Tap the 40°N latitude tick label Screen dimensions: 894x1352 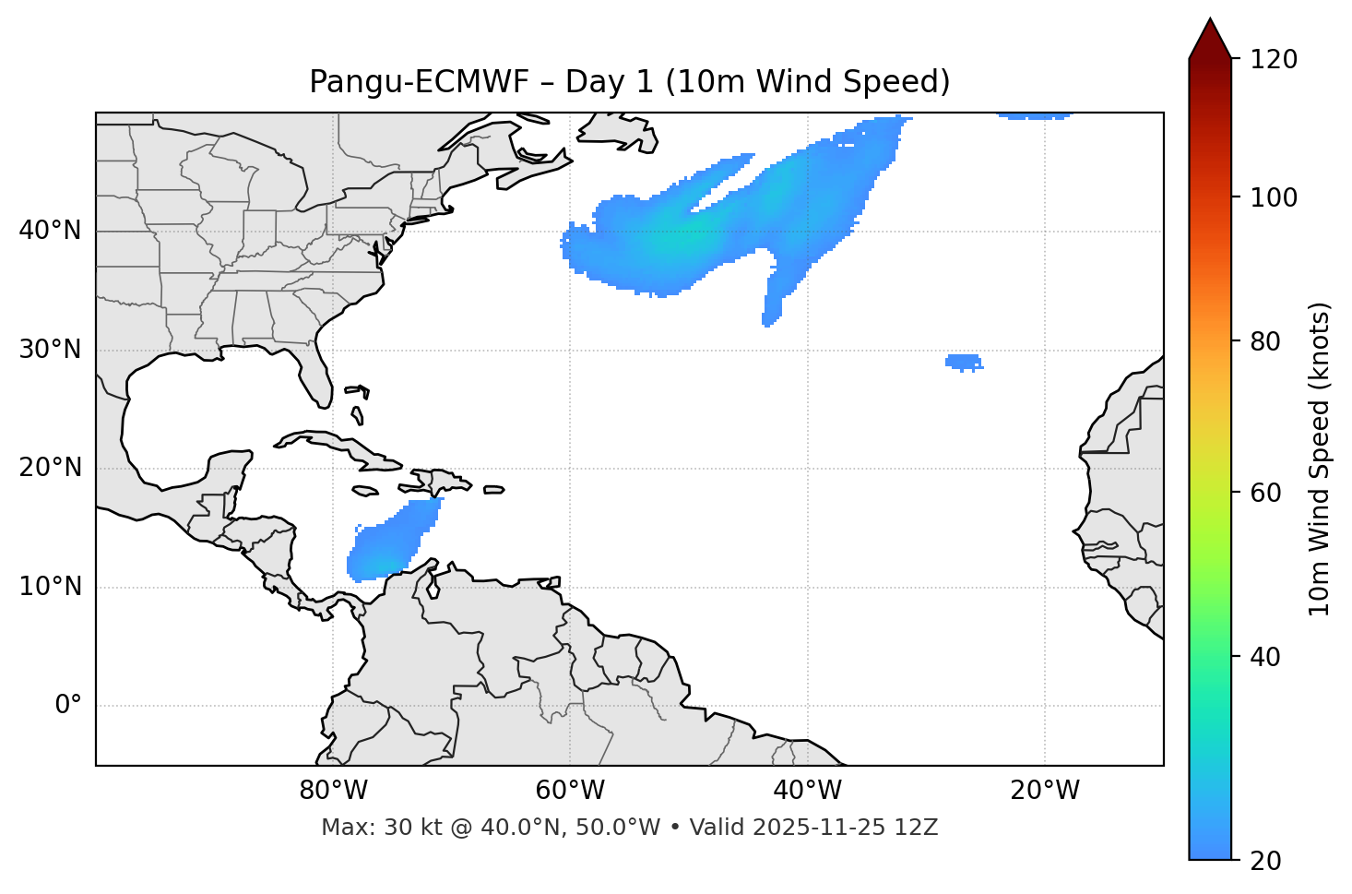coord(50,230)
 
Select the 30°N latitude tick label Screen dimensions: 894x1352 coord(50,350)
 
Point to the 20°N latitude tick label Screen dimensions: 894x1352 coord(50,468)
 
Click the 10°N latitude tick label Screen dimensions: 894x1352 coord(50,587)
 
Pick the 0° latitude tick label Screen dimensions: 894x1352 coord(68,706)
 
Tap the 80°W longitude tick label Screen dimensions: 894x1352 coord(333,791)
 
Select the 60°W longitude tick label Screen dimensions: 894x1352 coord(570,791)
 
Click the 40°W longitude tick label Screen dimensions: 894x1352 coord(807,791)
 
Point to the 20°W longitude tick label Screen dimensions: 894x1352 coord(1044,791)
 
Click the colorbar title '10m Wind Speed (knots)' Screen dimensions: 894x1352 coord(1320,459)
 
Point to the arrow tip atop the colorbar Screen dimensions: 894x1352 coord(1210,20)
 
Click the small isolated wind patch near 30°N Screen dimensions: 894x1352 coord(964,362)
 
